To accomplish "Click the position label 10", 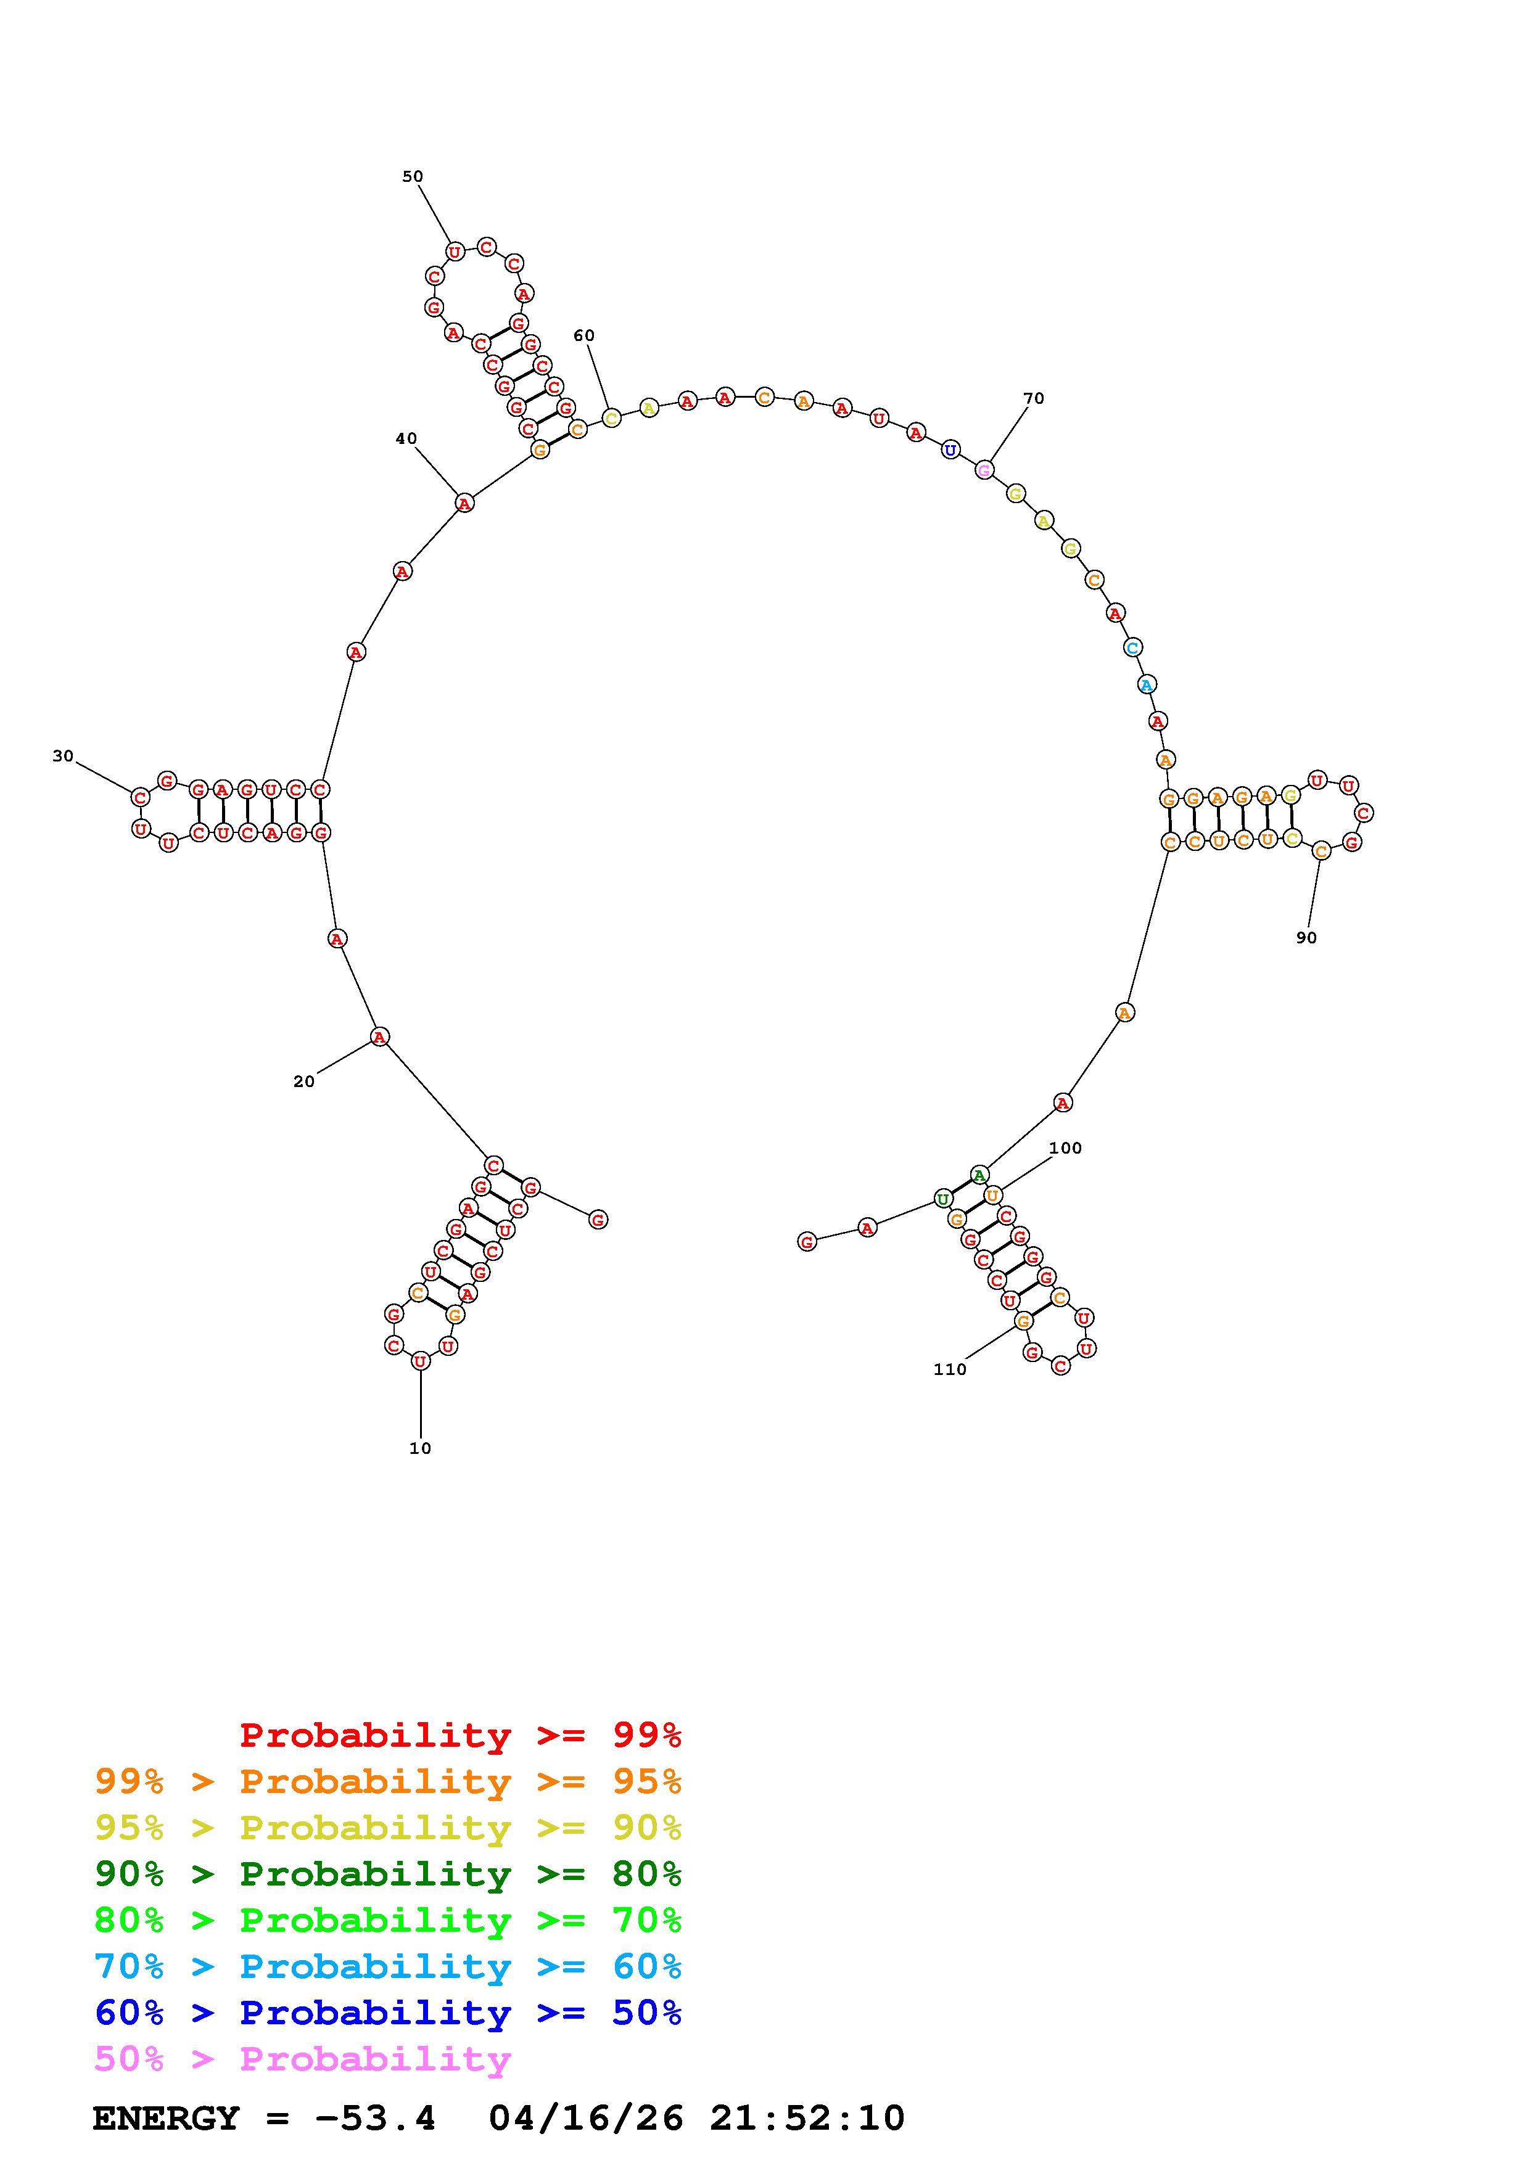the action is click(x=420, y=1448).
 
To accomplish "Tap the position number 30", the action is click(x=63, y=755).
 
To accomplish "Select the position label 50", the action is click(x=413, y=176).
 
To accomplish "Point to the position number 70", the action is click(x=1034, y=398).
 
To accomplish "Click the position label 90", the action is click(x=1306, y=937).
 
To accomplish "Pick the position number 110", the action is click(x=950, y=1369).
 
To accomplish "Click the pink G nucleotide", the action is click(x=984, y=469).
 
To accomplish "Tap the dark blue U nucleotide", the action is click(x=950, y=449).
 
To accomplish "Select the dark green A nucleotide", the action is click(x=980, y=1175).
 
